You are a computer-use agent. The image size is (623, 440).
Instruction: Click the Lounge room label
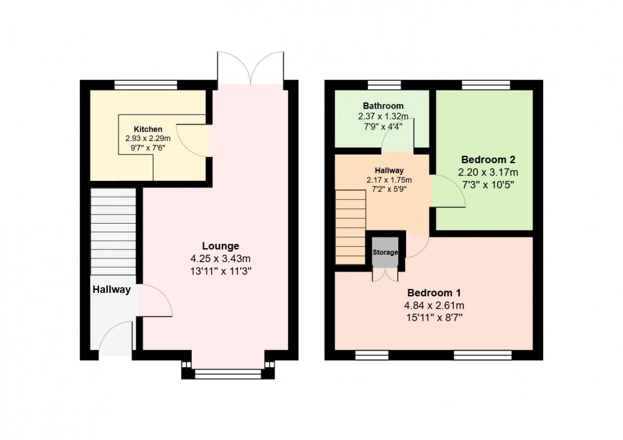(x=220, y=246)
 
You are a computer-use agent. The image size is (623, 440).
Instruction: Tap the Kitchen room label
(x=148, y=129)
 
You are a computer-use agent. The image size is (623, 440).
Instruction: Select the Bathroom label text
(x=383, y=106)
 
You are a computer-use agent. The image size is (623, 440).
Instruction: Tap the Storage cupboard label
(x=385, y=252)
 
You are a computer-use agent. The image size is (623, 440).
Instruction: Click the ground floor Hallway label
(x=112, y=290)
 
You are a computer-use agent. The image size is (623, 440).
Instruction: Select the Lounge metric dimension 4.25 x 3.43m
(x=220, y=259)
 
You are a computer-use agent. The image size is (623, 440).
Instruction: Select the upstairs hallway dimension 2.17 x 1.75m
(x=389, y=180)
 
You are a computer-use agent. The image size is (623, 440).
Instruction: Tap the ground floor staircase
(x=113, y=232)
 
